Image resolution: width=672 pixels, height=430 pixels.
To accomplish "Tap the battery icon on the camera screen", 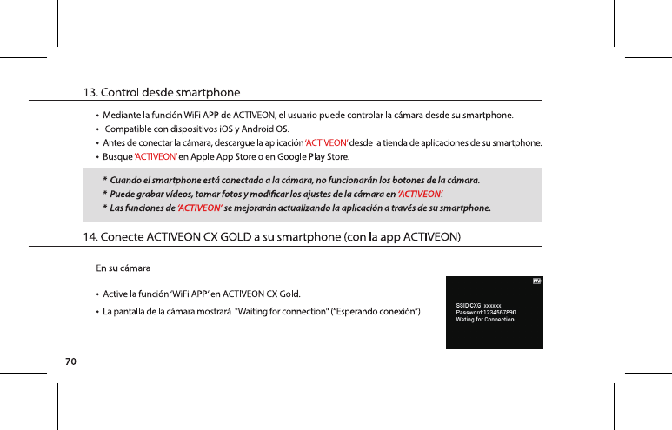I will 536,281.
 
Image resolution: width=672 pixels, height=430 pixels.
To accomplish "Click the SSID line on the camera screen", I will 479,305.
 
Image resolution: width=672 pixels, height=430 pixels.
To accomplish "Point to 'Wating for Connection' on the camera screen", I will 485,319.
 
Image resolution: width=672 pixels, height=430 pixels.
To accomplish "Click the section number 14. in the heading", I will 90,235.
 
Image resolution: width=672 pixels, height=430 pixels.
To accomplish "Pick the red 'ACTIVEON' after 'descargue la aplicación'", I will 326,142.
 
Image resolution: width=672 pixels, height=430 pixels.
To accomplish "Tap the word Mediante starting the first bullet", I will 124,114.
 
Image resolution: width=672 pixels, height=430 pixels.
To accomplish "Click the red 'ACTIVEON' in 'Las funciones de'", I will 199,208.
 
